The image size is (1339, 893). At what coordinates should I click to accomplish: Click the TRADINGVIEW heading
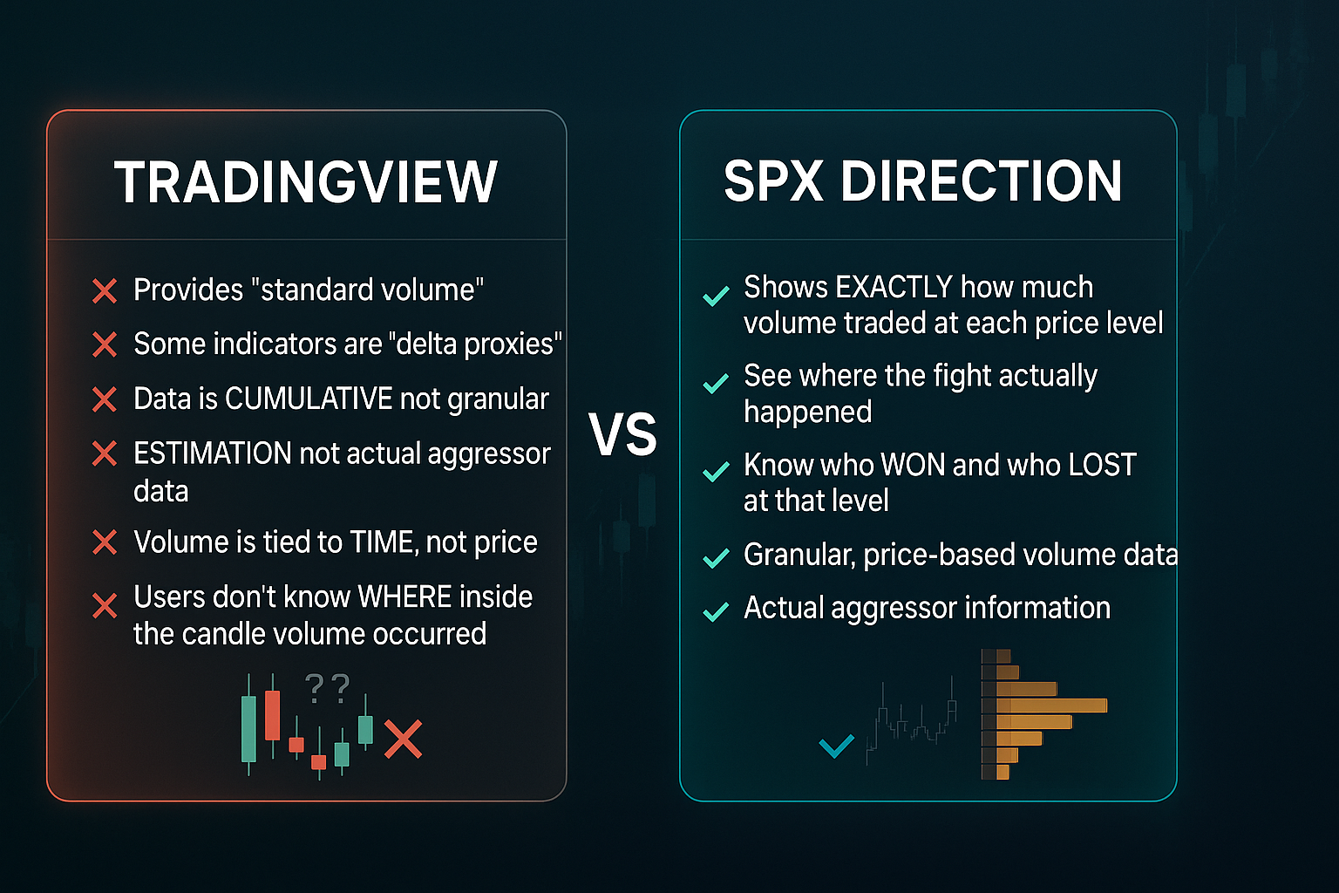click(305, 182)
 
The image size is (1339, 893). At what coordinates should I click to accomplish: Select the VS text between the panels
click(622, 434)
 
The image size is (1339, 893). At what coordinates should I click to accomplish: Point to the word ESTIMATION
click(212, 453)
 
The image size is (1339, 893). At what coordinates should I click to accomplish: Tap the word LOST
click(1102, 465)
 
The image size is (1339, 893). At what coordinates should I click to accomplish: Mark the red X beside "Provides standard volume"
click(105, 291)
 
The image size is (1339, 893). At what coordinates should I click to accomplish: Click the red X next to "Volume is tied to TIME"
click(105, 542)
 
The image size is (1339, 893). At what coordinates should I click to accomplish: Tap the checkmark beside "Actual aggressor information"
click(716, 611)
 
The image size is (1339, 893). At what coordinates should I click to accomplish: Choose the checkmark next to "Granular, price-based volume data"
click(716, 557)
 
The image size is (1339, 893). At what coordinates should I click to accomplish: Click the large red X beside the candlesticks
click(403, 740)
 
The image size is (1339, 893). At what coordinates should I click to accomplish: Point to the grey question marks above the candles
click(327, 688)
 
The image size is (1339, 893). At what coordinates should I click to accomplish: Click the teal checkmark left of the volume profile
click(836, 746)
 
